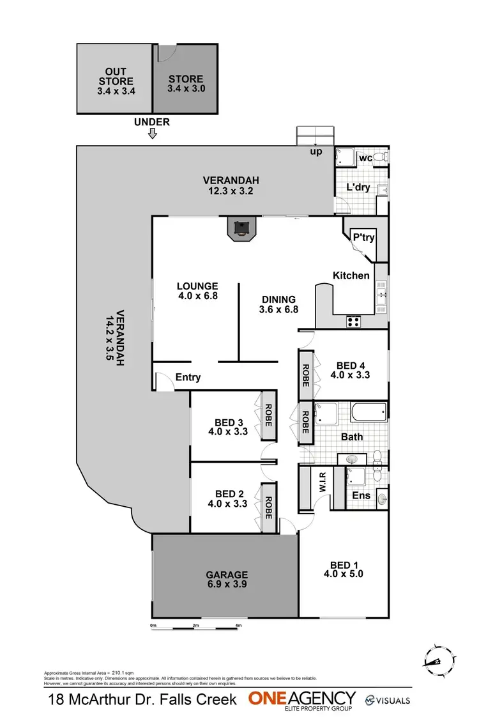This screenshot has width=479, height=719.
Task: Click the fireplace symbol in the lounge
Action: (x=241, y=229)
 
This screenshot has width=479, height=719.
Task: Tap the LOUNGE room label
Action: (x=197, y=291)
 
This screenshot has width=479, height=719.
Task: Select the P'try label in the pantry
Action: (x=363, y=237)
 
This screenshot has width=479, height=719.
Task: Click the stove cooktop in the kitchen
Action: (x=353, y=321)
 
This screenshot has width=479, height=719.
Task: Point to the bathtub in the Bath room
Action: (x=369, y=414)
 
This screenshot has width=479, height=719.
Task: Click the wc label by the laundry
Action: (x=366, y=157)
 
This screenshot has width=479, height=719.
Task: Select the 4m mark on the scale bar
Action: (x=238, y=625)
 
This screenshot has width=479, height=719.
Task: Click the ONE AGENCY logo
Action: (x=302, y=700)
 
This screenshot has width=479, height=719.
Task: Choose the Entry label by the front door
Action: (x=188, y=378)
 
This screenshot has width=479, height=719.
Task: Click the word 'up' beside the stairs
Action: (x=316, y=151)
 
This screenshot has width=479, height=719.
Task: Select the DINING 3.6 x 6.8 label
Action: (x=278, y=304)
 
